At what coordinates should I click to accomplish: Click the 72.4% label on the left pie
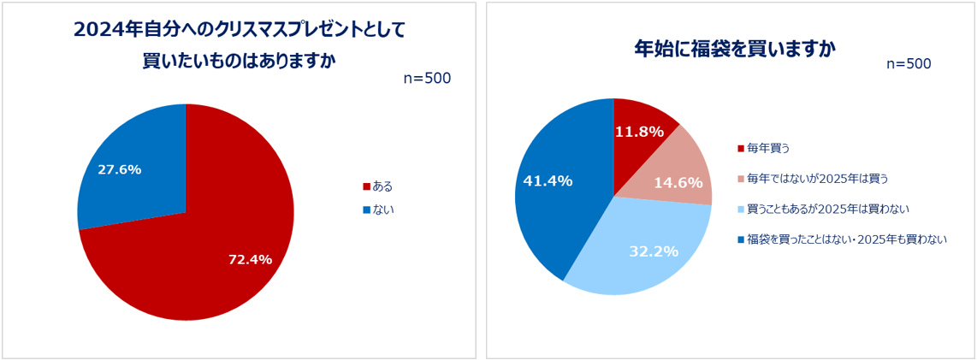point(250,259)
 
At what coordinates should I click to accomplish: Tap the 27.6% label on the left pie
point(120,169)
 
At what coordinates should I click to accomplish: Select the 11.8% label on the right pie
point(640,132)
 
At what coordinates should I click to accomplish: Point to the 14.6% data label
point(678,182)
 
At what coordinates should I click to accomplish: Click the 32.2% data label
point(654,251)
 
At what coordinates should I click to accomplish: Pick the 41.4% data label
point(548,181)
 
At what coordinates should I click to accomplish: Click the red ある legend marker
point(367,186)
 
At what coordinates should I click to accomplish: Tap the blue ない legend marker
point(367,210)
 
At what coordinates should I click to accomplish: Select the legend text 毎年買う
point(767,148)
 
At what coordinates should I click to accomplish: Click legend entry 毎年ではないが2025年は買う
point(817,179)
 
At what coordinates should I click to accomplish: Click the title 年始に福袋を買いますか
point(734,47)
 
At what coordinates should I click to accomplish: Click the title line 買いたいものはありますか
point(239,62)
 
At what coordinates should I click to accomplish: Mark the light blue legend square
point(741,210)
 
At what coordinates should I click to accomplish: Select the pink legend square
point(741,179)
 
